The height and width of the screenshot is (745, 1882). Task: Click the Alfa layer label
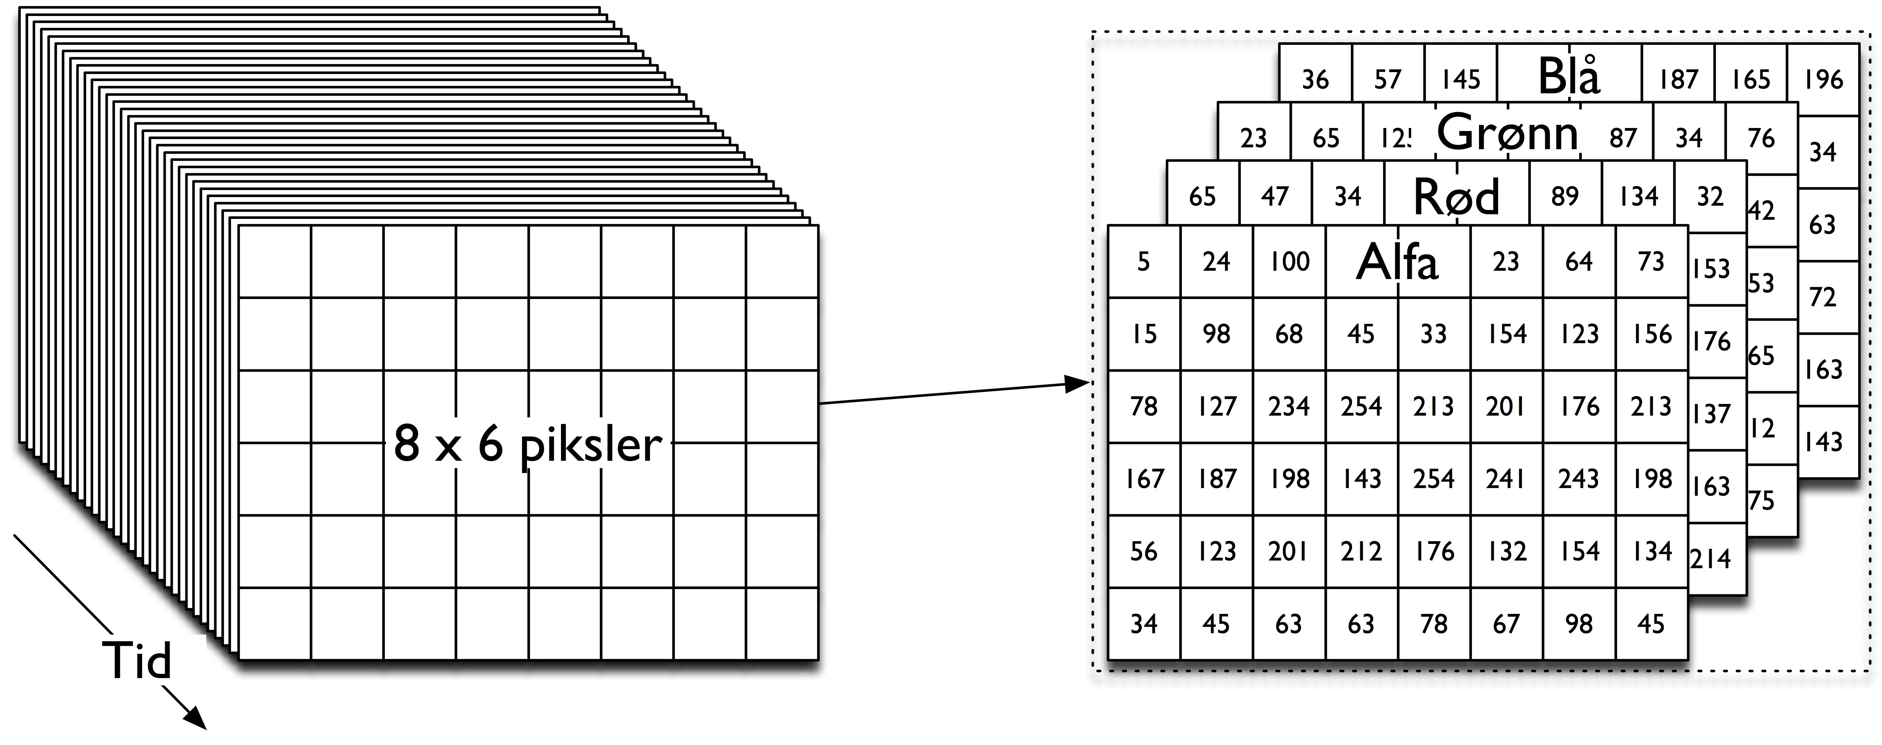click(x=1397, y=262)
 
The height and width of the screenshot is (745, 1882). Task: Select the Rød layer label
click(x=1456, y=196)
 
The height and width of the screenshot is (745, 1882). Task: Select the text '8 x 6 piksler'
click(x=528, y=443)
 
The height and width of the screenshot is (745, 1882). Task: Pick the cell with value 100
click(x=1289, y=262)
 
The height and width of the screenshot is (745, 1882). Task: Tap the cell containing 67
click(x=1506, y=624)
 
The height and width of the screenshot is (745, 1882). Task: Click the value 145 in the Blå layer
click(x=1460, y=79)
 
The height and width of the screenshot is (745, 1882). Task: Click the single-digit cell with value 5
click(x=1144, y=262)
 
